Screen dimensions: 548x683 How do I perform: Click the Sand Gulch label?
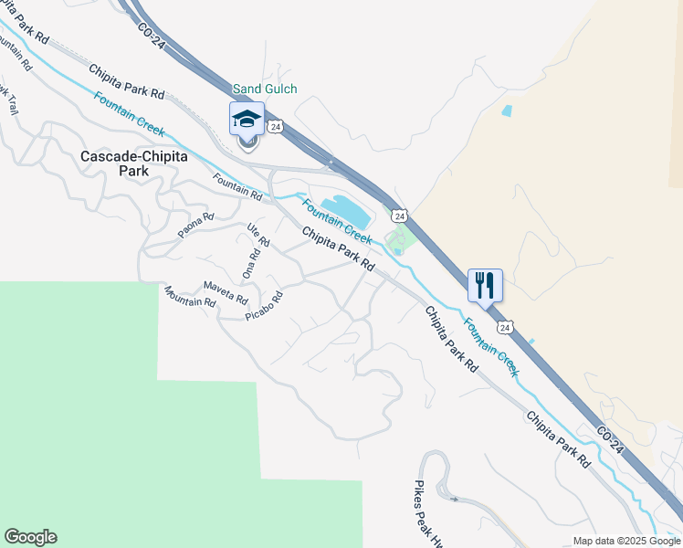pos(265,89)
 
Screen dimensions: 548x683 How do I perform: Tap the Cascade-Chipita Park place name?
pos(134,163)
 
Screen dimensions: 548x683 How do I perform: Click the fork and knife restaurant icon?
pos(485,285)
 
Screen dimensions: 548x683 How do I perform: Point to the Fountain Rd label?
pos(237,186)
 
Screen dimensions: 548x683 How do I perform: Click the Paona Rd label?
pos(195,225)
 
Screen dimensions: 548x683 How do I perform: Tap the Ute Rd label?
pos(259,235)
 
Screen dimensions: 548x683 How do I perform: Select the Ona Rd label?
pos(249,263)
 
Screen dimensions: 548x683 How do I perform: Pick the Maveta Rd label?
pos(226,292)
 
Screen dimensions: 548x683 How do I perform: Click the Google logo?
pos(30,537)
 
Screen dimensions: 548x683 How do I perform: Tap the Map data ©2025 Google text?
pos(626,541)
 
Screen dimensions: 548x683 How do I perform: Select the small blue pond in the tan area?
pos(506,111)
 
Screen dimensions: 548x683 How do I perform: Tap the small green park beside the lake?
pos(400,241)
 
